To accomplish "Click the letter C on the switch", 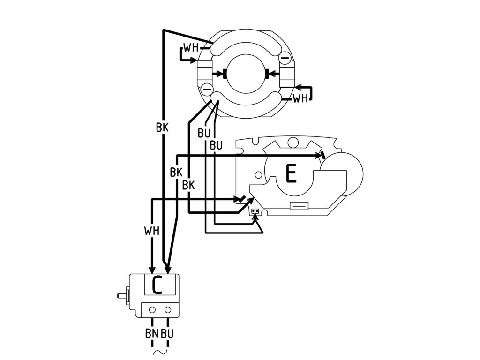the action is point(157,285).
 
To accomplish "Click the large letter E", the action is point(291,174).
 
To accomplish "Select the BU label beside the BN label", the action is point(167,334).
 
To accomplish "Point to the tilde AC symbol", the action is point(159,351).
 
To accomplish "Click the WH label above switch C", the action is point(152,231).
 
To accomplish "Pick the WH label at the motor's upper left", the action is point(190,48).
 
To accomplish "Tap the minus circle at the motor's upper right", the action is point(285,58).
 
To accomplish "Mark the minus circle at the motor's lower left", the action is point(207,89).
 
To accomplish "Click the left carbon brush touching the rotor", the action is point(225,74).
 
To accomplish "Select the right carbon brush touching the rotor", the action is point(267,74).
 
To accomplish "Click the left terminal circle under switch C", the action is point(152,310).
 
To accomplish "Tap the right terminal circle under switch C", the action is point(168,310).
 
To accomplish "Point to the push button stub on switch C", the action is point(121,295).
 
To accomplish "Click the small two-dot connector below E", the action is point(255,211).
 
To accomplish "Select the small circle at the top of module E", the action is point(293,142).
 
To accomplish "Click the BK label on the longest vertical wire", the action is point(162,127).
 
